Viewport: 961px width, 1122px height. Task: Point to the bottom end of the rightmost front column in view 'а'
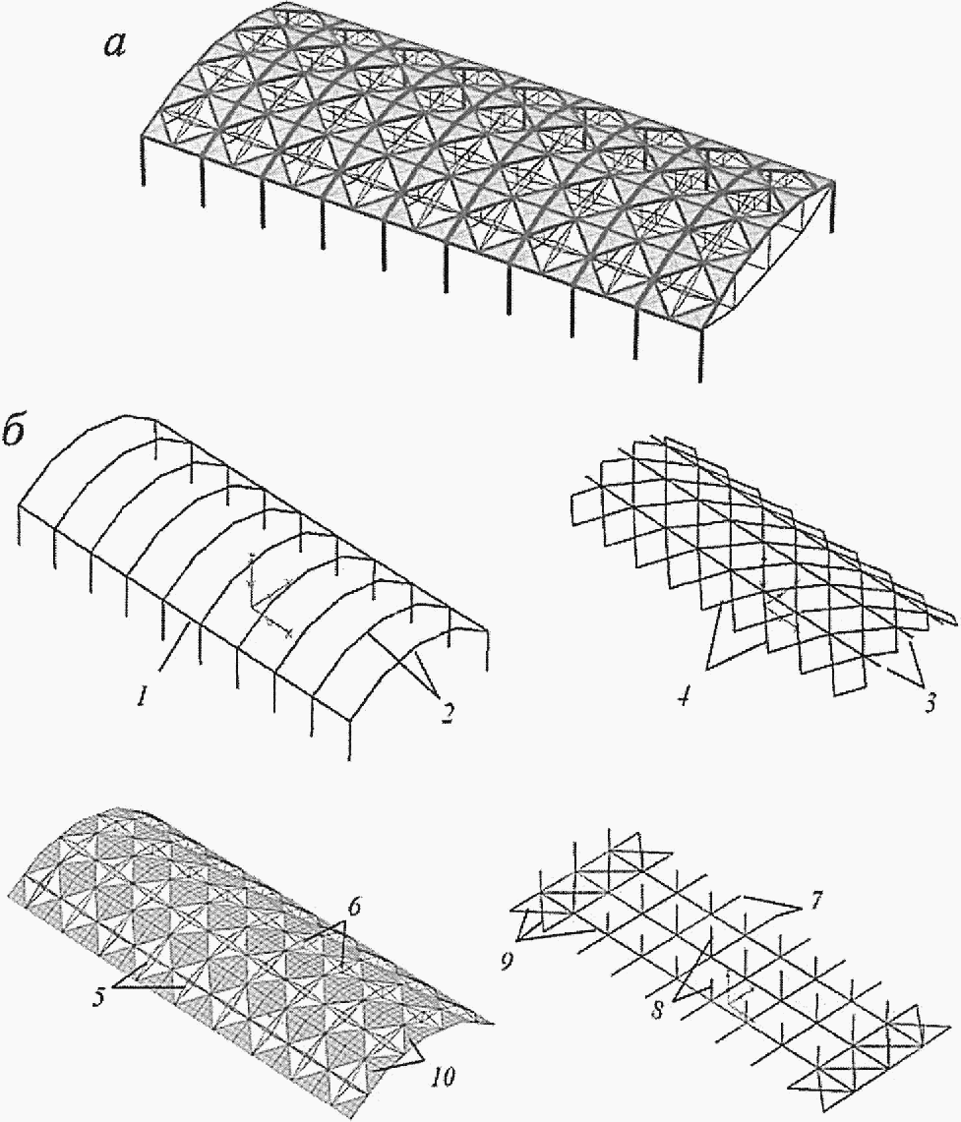pyautogui.click(x=700, y=382)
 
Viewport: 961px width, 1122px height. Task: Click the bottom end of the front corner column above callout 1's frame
pyautogui.click(x=348, y=760)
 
